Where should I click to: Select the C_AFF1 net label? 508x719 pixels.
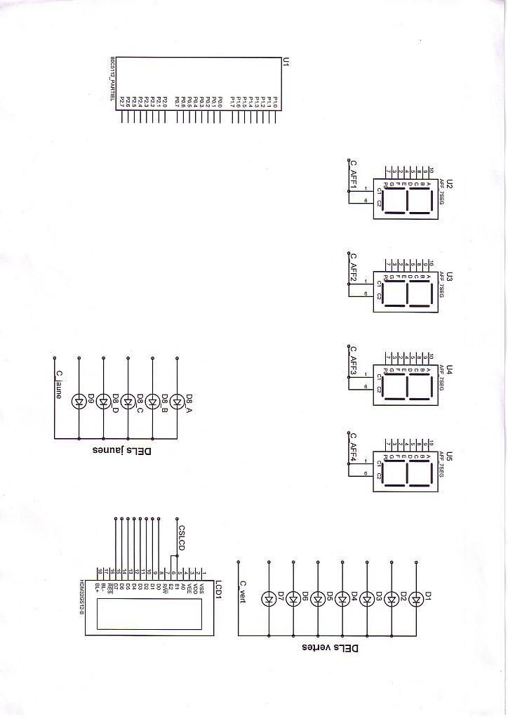point(354,174)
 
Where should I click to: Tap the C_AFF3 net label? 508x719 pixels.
point(354,359)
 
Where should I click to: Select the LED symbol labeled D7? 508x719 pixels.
point(269,599)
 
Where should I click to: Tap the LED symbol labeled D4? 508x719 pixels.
point(342,599)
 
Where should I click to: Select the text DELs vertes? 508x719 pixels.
point(330,647)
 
